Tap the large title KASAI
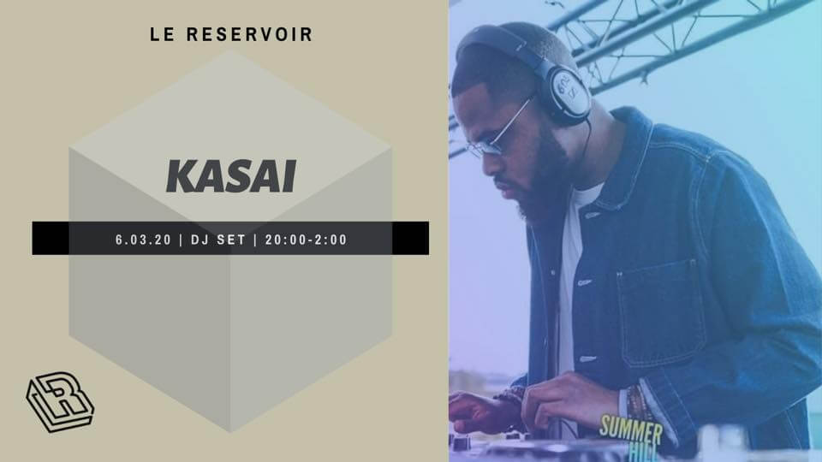[230, 175]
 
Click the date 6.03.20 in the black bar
[143, 240]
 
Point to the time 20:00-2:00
[306, 240]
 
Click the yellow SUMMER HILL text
[632, 431]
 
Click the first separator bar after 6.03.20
[181, 240]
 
